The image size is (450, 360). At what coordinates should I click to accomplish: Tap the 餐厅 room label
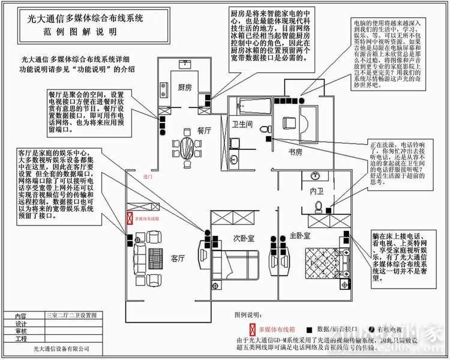tap(205, 130)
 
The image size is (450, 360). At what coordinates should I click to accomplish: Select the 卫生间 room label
tap(242, 125)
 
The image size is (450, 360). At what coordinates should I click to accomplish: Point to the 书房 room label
tap(296, 152)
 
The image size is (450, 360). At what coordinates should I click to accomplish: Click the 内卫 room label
tap(316, 191)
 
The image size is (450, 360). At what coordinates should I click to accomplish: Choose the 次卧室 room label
tap(244, 238)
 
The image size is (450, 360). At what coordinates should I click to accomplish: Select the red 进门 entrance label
tap(148, 178)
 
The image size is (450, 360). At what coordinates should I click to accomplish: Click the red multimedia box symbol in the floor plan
tap(127, 220)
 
